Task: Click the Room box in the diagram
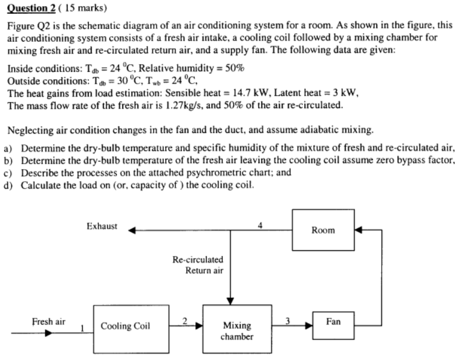(323, 230)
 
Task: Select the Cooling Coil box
(125, 326)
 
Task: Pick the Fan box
(333, 321)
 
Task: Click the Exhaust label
(102, 227)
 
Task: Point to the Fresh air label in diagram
(49, 321)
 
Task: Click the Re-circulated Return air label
(198, 265)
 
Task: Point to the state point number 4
(260, 225)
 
